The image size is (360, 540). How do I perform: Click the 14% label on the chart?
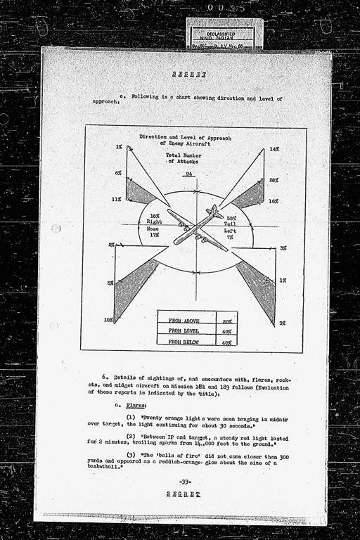274,150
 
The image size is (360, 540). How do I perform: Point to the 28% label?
274,181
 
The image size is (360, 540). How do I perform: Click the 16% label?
274,200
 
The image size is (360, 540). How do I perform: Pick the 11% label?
117,200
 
